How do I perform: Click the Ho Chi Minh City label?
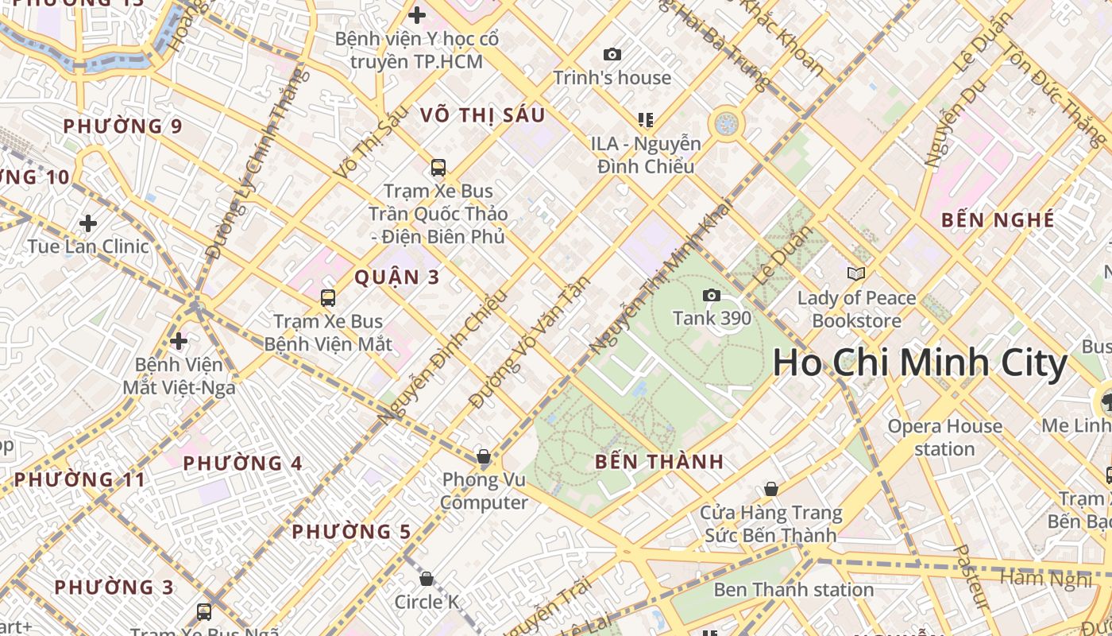(920, 363)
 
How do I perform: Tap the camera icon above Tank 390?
(712, 296)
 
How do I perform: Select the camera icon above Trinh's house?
(612, 54)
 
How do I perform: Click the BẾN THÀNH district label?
(659, 462)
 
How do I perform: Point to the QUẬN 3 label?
(397, 277)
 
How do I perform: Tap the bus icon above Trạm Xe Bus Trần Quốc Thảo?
(438, 168)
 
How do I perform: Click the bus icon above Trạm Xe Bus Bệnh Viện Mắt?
(328, 298)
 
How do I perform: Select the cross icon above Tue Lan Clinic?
(88, 223)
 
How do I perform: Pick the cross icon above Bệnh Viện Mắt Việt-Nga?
(179, 341)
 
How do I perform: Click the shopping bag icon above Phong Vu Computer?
(483, 456)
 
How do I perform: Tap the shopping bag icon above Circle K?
(427, 579)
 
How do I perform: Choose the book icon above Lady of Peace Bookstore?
(856, 274)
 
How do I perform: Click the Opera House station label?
(944, 437)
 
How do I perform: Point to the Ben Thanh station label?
(793, 590)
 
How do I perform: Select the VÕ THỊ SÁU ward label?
(483, 115)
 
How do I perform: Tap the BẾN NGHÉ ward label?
(998, 220)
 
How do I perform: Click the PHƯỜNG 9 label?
(122, 126)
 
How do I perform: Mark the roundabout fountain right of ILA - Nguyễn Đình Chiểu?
(726, 123)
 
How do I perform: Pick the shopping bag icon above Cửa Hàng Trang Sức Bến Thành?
(770, 489)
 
